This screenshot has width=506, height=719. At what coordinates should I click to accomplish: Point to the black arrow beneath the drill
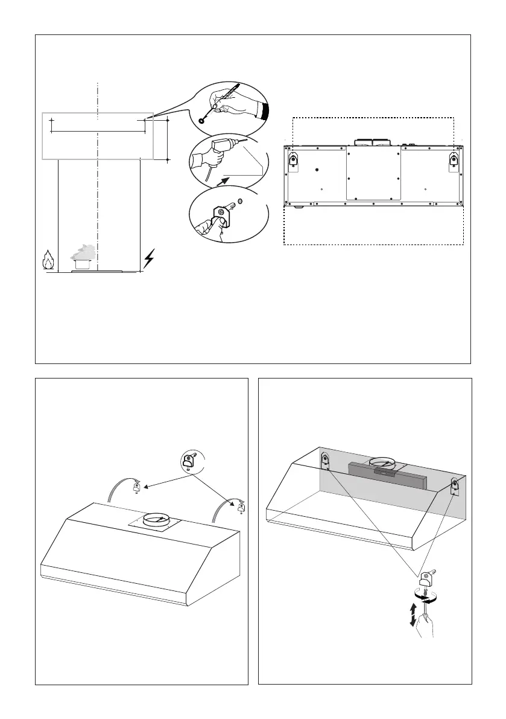click(x=224, y=179)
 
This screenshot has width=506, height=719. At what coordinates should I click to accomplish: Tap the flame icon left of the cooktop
click(x=48, y=261)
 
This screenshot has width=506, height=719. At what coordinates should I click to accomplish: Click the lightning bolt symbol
click(x=149, y=261)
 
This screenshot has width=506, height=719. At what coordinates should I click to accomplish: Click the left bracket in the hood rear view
click(x=293, y=160)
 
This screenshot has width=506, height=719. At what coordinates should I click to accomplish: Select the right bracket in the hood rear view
click(x=454, y=160)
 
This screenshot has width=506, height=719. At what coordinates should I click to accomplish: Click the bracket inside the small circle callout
click(x=189, y=463)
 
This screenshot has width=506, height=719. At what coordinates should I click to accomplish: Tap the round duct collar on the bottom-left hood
click(x=156, y=518)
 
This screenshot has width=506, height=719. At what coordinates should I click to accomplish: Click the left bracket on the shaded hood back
click(x=324, y=462)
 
